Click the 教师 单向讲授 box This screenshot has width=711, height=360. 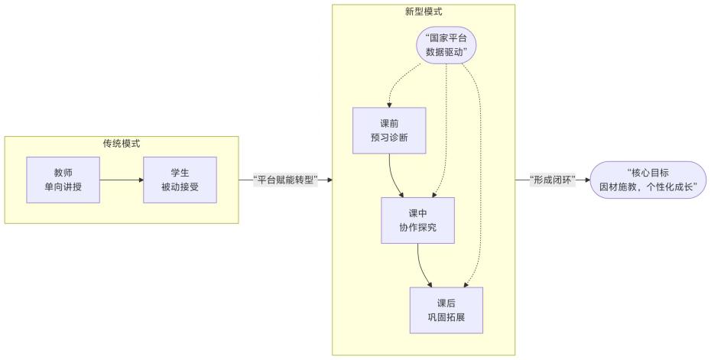tap(63, 180)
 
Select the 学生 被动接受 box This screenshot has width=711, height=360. tap(180, 180)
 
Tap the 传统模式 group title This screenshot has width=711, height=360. tap(122, 144)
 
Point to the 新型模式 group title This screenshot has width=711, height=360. tap(423, 12)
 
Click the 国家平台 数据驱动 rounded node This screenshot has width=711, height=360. tap(446, 46)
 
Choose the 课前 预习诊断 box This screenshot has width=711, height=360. tap(389, 130)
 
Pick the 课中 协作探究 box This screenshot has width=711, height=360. tap(417, 220)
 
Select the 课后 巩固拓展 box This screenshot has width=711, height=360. tap(446, 310)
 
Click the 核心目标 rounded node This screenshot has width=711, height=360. tap(648, 180)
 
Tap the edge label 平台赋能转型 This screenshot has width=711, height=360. tap(285, 180)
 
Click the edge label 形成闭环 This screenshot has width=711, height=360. tap(552, 180)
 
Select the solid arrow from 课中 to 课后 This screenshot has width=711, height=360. tap(423, 268)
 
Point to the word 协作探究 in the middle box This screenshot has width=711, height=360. tap(417, 228)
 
